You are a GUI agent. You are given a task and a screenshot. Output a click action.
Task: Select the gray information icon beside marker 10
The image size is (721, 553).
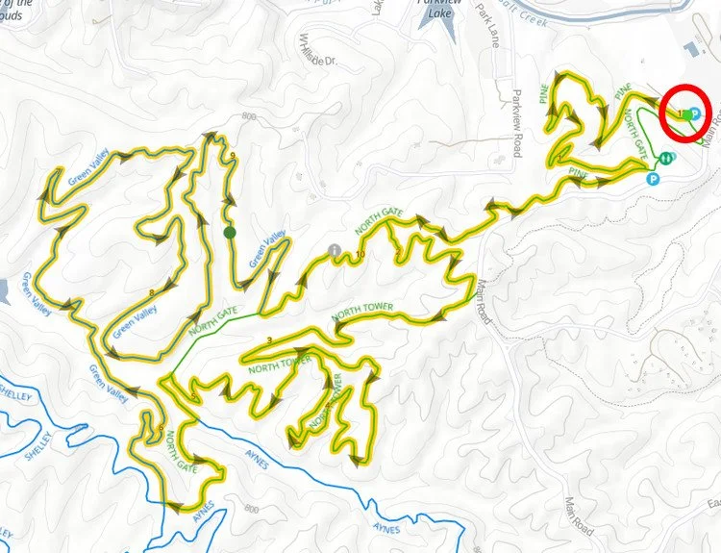[335, 251]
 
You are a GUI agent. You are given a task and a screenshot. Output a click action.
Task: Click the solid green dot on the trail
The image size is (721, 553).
[229, 232]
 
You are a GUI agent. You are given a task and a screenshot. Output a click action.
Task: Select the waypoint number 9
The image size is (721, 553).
[234, 156]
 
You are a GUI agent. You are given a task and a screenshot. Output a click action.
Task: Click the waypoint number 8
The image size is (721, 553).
[152, 292]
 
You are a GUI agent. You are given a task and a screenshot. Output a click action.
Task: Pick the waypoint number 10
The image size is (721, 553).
[360, 255]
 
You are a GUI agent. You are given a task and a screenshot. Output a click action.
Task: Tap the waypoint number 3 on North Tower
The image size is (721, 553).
[270, 340]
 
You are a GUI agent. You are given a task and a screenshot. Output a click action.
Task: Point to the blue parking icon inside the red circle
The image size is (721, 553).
[695, 113]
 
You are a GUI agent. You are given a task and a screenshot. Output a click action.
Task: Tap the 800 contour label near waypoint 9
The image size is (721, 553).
[252, 116]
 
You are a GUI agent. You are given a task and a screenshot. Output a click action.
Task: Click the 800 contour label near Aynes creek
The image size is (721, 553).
[252, 509]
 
